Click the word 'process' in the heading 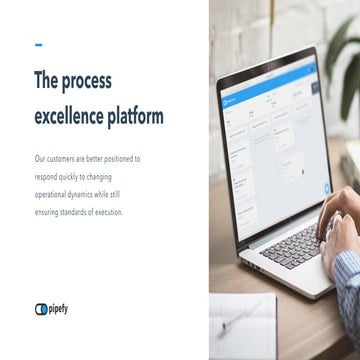click(x=89, y=81)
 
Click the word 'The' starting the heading click(x=47, y=81)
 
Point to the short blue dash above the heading click(x=38, y=44)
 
